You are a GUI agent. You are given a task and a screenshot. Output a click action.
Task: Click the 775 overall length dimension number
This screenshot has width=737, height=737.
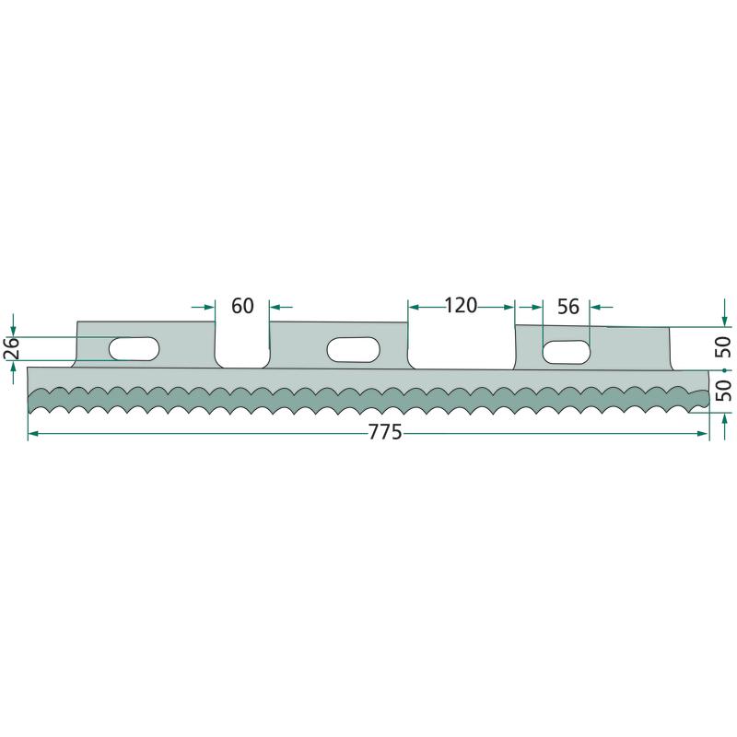coord(385,432)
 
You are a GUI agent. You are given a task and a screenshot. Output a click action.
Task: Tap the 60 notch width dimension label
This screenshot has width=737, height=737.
coord(242,306)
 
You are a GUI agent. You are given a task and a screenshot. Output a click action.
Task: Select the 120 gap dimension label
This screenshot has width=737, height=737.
coord(461,306)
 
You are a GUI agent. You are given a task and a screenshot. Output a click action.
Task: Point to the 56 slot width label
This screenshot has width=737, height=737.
coord(568,307)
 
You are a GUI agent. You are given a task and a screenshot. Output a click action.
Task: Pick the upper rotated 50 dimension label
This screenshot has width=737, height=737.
coord(724,347)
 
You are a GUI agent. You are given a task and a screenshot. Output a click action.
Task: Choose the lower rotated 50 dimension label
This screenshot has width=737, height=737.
coord(724,391)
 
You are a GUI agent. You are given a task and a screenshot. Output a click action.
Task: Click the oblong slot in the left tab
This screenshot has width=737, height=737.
coord(134,349)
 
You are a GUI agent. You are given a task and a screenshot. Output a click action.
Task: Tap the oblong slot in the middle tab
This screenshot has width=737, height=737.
coord(353,350)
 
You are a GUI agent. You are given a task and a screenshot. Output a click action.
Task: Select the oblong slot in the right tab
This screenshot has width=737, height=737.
coord(567,352)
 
